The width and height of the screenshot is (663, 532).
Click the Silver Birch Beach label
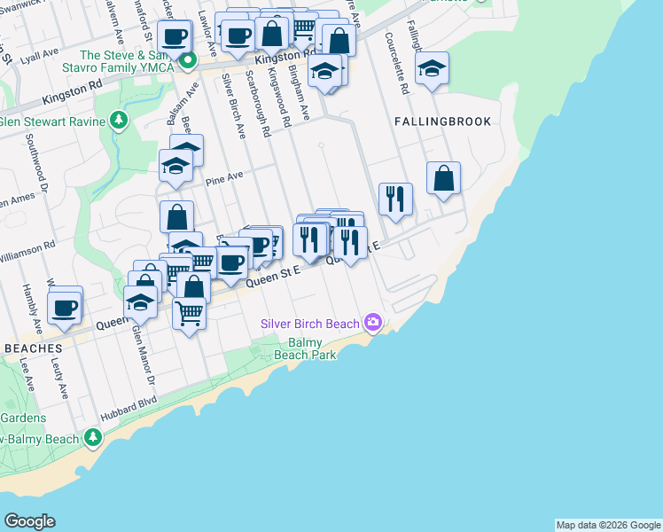pos(311,323)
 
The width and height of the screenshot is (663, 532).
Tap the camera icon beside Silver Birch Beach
pos(373,322)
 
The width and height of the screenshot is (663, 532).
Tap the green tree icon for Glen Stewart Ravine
pos(120,121)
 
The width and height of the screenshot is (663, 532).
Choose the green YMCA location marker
pos(188,60)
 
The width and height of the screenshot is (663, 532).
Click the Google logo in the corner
pos(29,521)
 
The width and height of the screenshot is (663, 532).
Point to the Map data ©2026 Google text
pos(607,525)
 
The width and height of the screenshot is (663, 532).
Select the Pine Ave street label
pos(223,180)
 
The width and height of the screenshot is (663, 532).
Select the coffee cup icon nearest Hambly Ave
pos(66,307)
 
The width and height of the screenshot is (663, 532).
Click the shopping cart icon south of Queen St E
pos(190,312)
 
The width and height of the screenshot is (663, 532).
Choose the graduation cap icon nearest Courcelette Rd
pos(432,67)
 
